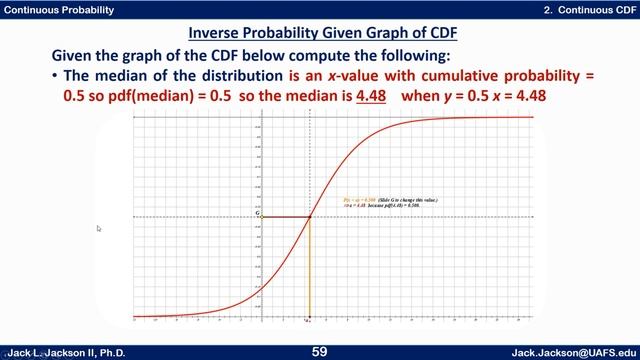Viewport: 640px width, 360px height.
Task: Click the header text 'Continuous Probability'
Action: click(58, 9)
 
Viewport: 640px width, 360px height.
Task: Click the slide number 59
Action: click(320, 351)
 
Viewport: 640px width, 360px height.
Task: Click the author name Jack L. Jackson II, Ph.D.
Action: click(66, 352)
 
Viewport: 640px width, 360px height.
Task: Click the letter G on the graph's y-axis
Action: click(257, 215)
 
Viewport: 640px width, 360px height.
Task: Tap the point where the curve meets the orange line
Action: click(310, 217)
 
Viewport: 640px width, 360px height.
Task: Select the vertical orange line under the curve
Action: click(310, 270)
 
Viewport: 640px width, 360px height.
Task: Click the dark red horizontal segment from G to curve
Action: click(285, 217)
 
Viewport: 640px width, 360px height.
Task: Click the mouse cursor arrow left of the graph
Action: click(99, 228)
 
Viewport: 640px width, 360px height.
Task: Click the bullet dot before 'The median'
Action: click(53, 76)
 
